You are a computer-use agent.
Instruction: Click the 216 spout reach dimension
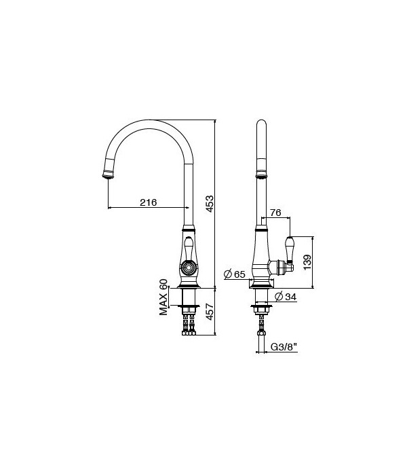pyautogui.click(x=149, y=202)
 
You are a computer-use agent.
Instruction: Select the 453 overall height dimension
pyautogui.click(x=210, y=203)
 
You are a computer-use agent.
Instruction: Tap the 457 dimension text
pyautogui.click(x=210, y=311)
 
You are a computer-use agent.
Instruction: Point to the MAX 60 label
pyautogui.click(x=163, y=297)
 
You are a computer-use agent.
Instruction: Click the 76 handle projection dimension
pyautogui.click(x=275, y=213)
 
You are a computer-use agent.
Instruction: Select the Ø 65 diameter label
pyautogui.click(x=235, y=274)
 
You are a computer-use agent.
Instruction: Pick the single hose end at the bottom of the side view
pyautogui.click(x=261, y=333)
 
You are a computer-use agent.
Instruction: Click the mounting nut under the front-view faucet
pyautogui.click(x=189, y=310)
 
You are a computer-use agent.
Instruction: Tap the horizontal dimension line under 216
pyautogui.click(x=148, y=208)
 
